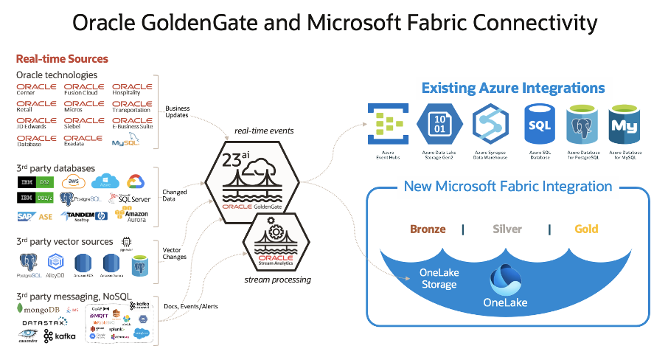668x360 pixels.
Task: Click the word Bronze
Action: pyautogui.click(x=428, y=229)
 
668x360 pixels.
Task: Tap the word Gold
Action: pyautogui.click(x=586, y=229)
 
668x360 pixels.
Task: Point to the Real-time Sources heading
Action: pyautogui.click(x=62, y=58)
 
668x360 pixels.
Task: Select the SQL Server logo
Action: pyautogui.click(x=130, y=198)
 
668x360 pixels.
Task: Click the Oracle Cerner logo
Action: pyautogui.click(x=36, y=90)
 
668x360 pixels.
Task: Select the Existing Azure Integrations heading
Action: pyautogui.click(x=512, y=89)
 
